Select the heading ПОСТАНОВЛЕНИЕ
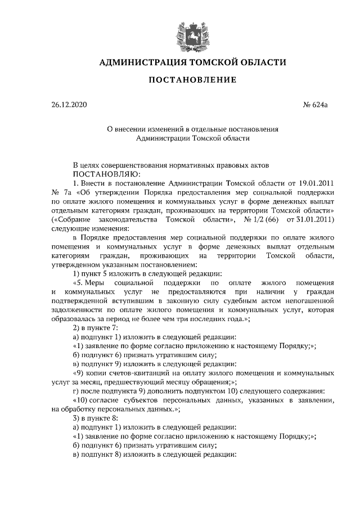click(192, 80)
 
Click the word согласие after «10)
click(114, 399)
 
